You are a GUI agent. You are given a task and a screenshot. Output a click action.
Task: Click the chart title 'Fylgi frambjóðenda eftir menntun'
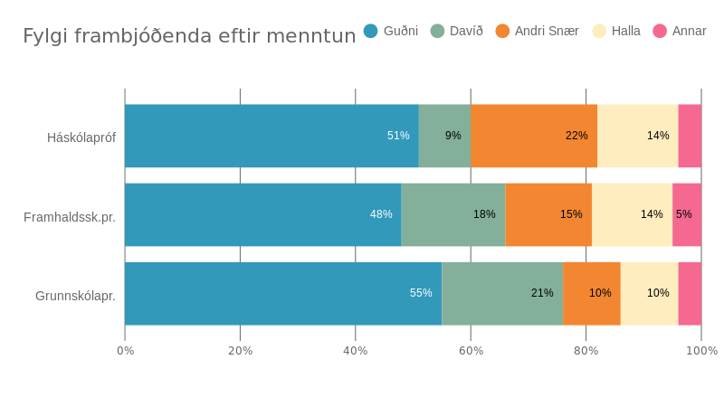pos(189,36)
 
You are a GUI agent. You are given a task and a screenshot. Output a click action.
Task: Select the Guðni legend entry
pos(391,31)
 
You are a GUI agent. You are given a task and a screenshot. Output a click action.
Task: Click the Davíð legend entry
pos(457,31)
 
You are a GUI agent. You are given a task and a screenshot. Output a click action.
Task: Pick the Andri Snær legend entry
pos(538,31)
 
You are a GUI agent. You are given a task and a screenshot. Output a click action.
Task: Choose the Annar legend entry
pos(680,31)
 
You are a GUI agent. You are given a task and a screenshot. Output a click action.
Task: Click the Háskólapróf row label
pos(81,137)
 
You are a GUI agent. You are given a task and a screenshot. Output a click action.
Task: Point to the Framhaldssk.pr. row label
pos(70,217)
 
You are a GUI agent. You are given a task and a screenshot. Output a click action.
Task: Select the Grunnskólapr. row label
pos(75,296)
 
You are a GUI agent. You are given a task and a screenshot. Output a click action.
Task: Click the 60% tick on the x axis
pos(471,351)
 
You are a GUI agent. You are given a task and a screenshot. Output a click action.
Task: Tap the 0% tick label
pos(126,351)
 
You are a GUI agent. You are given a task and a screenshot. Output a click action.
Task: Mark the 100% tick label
pos(702,351)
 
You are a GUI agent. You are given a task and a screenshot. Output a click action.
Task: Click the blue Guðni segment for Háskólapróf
pos(271,136)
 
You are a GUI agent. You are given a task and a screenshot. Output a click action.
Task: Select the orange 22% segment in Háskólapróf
pos(534,136)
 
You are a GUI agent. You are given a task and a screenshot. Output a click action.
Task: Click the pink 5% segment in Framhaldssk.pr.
pos(687,214)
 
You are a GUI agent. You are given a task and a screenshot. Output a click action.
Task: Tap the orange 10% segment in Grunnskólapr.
pos(592,293)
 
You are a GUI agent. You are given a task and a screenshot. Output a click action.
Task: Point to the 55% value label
pos(421,293)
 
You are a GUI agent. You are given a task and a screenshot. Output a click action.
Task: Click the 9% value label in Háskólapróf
pos(453,136)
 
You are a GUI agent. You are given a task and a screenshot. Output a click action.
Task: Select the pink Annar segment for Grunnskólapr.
pos(690,293)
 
